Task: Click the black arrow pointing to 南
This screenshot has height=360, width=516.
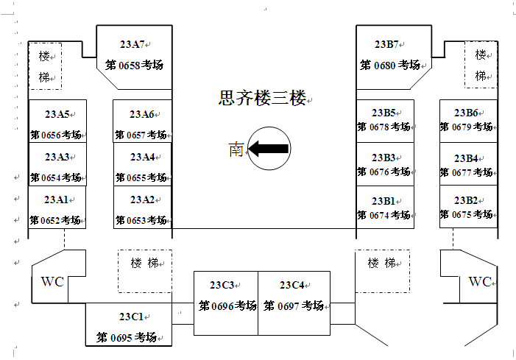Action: coord(268,149)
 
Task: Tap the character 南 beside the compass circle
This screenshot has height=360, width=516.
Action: coord(236,149)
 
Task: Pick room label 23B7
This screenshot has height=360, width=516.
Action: coord(387,44)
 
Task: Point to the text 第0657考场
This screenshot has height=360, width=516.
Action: coord(141,135)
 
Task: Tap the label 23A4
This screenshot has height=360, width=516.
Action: coord(142,157)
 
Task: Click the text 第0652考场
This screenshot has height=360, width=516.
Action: coord(56,220)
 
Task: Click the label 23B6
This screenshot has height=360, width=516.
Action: coord(466,113)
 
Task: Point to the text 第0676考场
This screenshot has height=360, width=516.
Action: coord(384,172)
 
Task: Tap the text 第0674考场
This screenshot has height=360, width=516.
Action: coord(384,215)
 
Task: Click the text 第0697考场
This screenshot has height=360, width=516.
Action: coord(294,306)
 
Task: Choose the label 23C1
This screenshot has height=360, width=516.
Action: coord(131,317)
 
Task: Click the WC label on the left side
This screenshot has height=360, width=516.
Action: coord(52,281)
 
